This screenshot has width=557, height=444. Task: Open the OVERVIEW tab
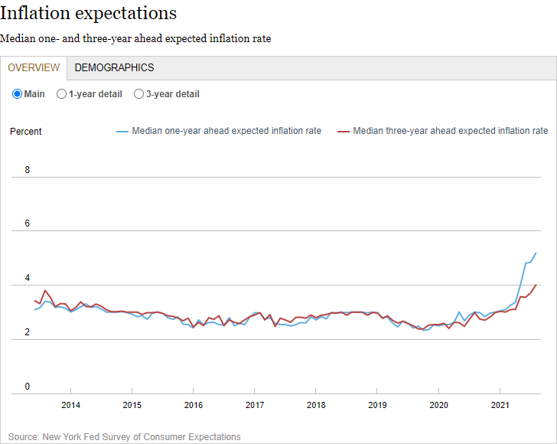(34, 67)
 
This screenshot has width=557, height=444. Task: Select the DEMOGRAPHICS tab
(114, 67)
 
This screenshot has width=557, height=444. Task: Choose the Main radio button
(18, 94)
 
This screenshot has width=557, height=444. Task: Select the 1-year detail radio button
(62, 94)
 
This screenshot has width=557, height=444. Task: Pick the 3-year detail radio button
(139, 94)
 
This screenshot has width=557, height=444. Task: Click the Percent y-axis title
(26, 132)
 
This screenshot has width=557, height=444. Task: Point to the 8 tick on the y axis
(28, 170)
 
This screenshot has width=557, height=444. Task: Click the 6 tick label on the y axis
(28, 224)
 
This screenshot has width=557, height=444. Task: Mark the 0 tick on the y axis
(28, 387)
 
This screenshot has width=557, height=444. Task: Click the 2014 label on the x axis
(70, 405)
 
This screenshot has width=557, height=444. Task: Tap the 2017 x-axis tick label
(255, 405)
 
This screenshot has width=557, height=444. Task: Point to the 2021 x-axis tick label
(500, 405)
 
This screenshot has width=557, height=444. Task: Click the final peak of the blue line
(536, 253)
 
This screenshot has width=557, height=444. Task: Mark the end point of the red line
(536, 285)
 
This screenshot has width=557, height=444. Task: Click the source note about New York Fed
(125, 437)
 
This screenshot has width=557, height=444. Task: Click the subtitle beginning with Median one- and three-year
(135, 38)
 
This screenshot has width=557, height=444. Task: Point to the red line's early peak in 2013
(45, 290)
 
